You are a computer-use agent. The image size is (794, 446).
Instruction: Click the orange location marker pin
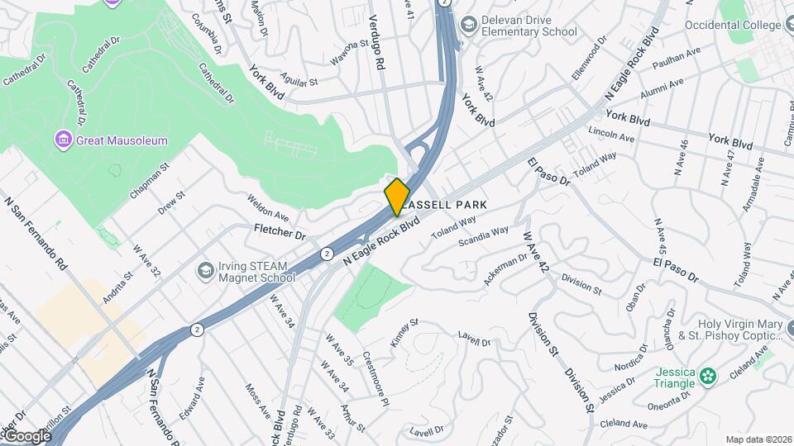click(397, 197)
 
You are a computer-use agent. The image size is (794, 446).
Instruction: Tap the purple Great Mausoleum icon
click(63, 140)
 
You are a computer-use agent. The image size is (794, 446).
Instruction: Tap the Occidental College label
click(733, 26)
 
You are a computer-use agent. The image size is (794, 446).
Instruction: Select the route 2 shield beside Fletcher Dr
click(328, 253)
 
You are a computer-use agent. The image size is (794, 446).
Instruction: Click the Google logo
click(27, 436)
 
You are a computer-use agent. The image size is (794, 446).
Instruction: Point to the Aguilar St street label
click(299, 79)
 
